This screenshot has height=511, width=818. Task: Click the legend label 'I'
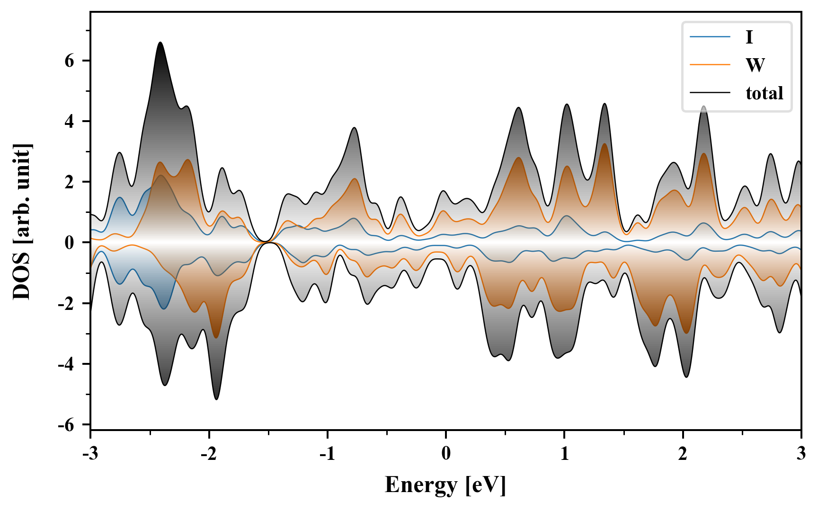click(749, 37)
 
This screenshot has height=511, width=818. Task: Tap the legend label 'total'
click(764, 93)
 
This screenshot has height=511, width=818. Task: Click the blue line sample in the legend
click(710, 37)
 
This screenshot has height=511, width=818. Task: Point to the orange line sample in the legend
click(710, 65)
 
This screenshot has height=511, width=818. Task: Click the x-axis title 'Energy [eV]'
click(445, 485)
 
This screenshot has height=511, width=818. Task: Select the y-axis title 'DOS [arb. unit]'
click(22, 221)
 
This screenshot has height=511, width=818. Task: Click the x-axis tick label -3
click(90, 454)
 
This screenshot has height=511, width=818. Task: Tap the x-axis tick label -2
click(208, 454)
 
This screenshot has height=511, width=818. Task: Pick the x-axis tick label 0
click(446, 454)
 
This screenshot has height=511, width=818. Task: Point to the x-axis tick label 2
click(683, 454)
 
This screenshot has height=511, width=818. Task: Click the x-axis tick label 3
click(801, 454)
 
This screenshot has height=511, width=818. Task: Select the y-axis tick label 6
click(70, 61)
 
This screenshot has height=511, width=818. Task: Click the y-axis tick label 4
click(70, 122)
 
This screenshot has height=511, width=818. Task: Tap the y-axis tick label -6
click(67, 425)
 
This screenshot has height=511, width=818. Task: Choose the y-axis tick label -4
click(67, 364)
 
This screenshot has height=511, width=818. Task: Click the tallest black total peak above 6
click(160, 43)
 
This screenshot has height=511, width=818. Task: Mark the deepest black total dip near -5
click(216, 399)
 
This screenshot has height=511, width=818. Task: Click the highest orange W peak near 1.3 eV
click(605, 144)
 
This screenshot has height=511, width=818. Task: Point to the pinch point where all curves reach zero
click(268, 242)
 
